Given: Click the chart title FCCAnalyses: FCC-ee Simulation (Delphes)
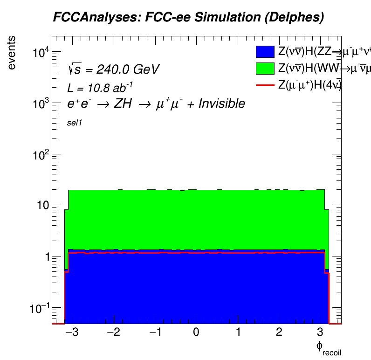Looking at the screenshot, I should point(188,18).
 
